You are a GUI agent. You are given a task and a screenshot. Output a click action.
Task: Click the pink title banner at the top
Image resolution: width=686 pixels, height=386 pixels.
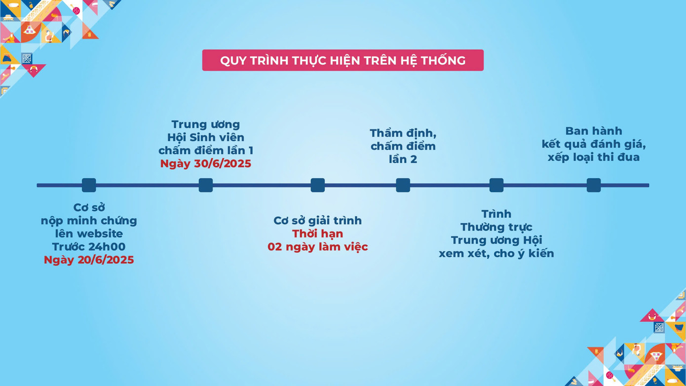click(x=343, y=60)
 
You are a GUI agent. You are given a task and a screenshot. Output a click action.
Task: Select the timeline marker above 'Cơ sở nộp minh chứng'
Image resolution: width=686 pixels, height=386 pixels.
click(x=89, y=185)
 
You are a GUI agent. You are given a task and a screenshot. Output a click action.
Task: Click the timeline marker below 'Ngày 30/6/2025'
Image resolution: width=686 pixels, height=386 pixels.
click(x=205, y=185)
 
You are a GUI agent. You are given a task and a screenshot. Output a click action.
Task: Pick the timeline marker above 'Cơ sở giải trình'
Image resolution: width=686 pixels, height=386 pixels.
click(x=318, y=185)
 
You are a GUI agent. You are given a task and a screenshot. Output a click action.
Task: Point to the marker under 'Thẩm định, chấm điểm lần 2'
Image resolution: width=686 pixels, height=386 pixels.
click(x=403, y=185)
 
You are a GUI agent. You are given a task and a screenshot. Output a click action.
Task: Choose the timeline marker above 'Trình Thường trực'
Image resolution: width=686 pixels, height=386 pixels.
click(x=496, y=185)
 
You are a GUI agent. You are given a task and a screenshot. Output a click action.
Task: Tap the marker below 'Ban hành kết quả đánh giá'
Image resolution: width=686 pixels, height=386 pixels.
click(x=594, y=185)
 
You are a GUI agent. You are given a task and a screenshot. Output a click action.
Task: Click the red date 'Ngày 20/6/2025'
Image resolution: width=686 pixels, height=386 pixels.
click(x=89, y=260)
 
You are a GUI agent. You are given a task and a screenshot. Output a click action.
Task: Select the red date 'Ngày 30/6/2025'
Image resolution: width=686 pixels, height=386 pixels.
click(x=205, y=164)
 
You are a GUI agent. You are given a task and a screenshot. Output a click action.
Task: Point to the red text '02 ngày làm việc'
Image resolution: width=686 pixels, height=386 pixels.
click(x=318, y=247)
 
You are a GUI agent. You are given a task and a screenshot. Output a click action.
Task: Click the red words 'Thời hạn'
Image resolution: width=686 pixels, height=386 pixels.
click(x=318, y=234)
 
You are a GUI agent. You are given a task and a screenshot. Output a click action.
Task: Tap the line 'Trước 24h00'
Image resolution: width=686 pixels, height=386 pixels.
click(x=89, y=247)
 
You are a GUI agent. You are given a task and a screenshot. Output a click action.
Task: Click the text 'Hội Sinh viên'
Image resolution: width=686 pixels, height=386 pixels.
click(x=205, y=138)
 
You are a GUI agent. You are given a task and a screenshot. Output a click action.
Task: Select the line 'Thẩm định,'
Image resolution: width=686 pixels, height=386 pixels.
click(x=403, y=133)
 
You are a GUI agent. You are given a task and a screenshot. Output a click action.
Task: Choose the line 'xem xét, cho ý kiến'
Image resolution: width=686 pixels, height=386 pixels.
click(x=496, y=254)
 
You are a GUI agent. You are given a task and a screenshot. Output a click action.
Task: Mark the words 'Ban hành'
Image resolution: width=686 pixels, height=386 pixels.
click(x=594, y=131)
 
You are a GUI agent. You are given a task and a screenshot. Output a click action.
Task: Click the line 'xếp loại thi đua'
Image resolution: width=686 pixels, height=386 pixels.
click(x=594, y=157)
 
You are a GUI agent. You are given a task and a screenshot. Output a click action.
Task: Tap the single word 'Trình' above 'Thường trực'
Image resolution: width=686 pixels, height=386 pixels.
click(x=496, y=214)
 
